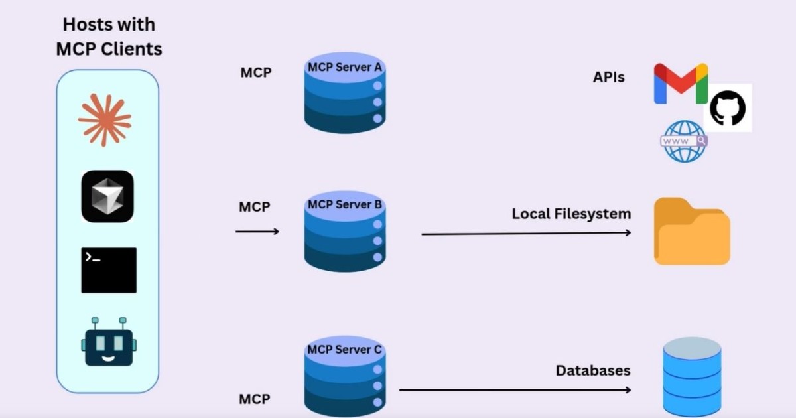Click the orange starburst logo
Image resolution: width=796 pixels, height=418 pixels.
(105, 120)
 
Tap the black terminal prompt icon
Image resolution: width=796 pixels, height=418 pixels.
(109, 270)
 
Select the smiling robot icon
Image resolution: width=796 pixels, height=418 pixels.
(109, 341)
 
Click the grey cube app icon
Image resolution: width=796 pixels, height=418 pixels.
(107, 196)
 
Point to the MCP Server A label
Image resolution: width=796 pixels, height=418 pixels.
(345, 68)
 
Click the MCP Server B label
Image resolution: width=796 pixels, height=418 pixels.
(345, 204)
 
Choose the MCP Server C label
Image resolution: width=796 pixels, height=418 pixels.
(345, 349)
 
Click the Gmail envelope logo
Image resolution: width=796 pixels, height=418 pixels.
(680, 84)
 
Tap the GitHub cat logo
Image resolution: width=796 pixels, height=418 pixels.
(728, 107)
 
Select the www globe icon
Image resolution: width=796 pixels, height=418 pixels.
(684, 141)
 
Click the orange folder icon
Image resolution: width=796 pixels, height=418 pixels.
(691, 232)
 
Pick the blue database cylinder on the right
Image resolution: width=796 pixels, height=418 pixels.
(692, 376)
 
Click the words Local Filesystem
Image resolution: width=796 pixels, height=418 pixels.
(571, 214)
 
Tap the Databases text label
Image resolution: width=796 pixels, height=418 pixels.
(592, 370)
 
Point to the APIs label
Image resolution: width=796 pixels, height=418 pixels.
(608, 77)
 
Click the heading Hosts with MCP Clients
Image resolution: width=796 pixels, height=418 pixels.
(109, 36)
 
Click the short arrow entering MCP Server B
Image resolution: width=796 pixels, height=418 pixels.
(257, 231)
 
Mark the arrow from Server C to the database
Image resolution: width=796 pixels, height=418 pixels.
(515, 390)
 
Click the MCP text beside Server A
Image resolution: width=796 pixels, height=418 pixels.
(255, 72)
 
